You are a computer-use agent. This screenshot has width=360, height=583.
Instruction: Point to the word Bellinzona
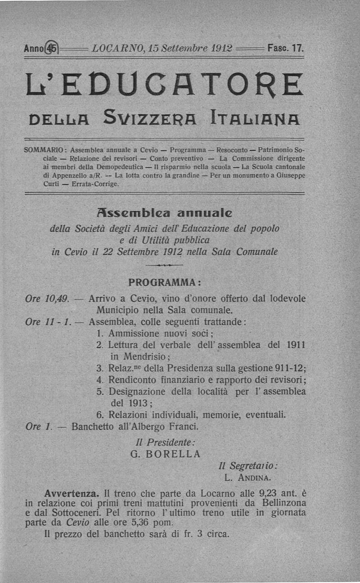[281, 502]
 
